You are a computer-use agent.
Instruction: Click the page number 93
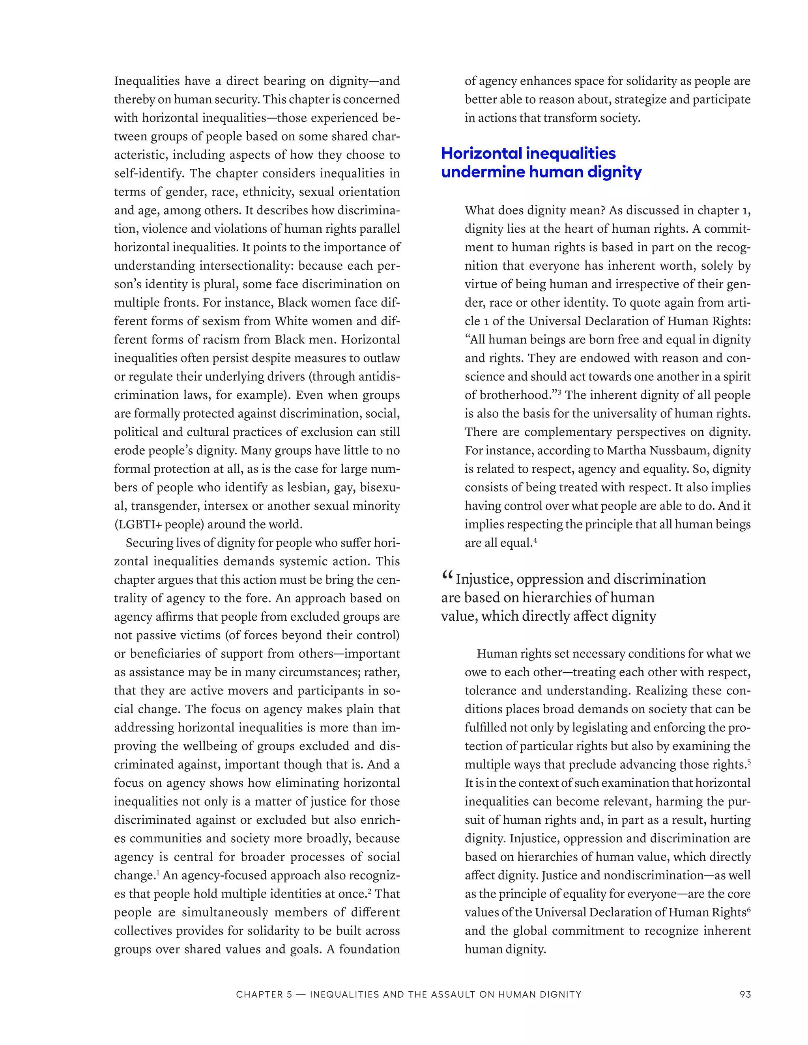point(745,994)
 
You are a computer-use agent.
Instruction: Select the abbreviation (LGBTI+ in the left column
point(135,524)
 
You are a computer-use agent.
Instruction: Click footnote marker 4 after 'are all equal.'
point(536,540)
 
